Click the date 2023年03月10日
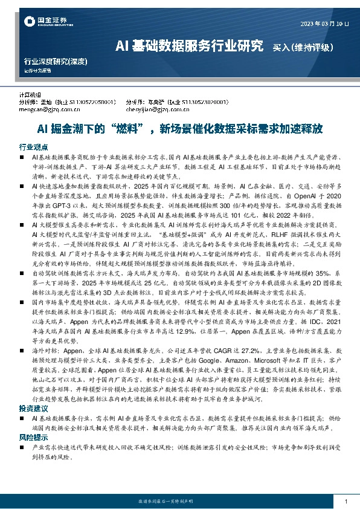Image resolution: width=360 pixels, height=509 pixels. [324, 24]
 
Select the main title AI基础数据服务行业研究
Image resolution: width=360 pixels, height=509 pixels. [189, 45]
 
